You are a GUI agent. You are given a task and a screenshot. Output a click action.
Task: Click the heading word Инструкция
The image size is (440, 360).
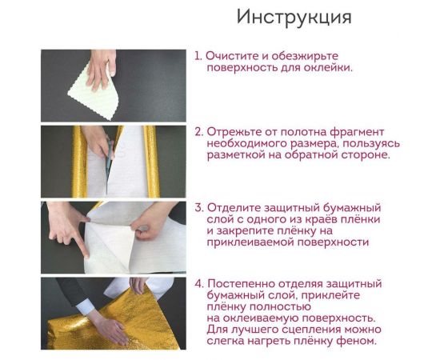pyautogui.click(x=294, y=18)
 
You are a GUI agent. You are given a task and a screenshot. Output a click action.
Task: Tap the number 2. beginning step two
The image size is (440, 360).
pyautogui.click(x=198, y=130)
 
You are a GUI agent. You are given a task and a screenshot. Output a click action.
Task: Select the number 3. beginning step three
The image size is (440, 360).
pyautogui.click(x=198, y=207)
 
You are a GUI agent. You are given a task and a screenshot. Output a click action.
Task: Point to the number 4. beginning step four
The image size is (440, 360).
pyautogui.click(x=198, y=283)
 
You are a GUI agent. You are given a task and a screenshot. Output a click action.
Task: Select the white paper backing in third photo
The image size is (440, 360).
pyautogui.click(x=112, y=240)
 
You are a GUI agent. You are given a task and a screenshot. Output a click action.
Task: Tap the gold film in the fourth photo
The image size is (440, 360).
pyautogui.click(x=80, y=328)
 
